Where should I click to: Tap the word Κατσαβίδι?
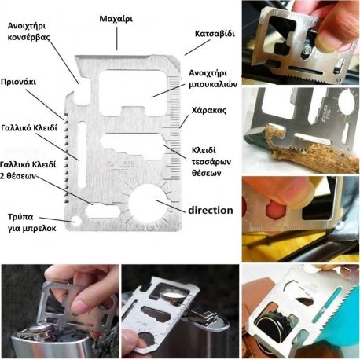(x=214, y=35)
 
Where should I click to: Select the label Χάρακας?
(x=208, y=109)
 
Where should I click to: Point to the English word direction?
(x=210, y=210)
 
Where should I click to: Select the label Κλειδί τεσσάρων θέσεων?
(x=212, y=162)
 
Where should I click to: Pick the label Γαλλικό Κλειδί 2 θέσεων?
(x=30, y=171)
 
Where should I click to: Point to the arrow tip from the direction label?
(x=158, y=200)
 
